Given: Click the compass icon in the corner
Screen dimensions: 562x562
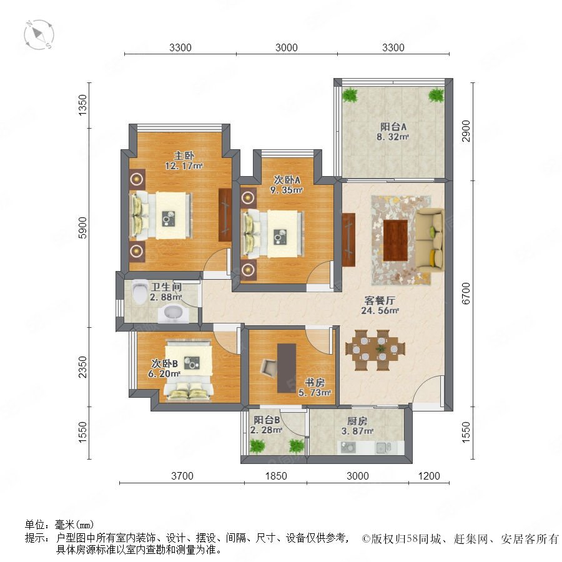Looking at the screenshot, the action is [x=39, y=35].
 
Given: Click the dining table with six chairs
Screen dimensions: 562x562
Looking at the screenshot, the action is [x=375, y=350].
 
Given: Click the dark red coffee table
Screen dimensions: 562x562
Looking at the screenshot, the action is [x=395, y=240].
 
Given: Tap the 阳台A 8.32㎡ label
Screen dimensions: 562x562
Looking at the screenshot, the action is [x=393, y=132].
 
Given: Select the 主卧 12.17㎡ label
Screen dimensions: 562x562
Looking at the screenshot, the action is [x=184, y=160].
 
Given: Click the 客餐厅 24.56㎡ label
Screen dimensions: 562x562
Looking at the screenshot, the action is [x=380, y=305].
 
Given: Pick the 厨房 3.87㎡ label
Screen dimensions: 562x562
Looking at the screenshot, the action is [x=357, y=426].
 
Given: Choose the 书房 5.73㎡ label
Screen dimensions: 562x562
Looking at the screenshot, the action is [x=315, y=387].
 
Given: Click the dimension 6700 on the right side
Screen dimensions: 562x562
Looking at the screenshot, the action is [x=465, y=293].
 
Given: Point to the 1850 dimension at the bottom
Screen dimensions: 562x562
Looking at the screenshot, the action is [x=276, y=476].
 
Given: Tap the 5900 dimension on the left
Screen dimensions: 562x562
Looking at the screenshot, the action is [x=83, y=227].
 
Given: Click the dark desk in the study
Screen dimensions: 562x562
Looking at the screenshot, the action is [x=287, y=368].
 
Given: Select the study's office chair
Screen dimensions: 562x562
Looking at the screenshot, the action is [x=269, y=368].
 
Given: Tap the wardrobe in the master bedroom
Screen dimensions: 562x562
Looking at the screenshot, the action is [x=225, y=215].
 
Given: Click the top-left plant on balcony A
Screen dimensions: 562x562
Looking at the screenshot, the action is [x=350, y=95].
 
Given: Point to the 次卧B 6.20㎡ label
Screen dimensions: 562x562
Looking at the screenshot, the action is [x=164, y=368].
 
